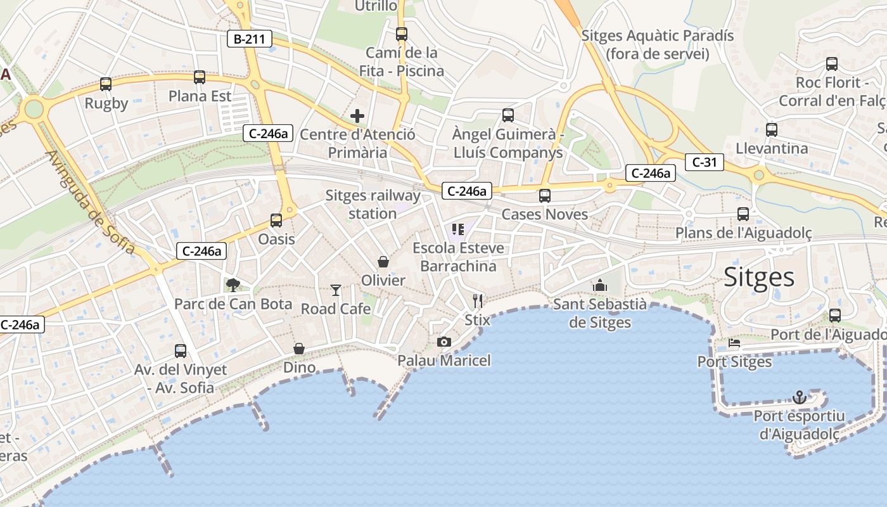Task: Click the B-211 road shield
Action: (x=250, y=39)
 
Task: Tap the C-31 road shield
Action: (x=704, y=162)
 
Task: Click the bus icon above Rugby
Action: (x=106, y=84)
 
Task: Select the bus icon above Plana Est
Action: (x=200, y=77)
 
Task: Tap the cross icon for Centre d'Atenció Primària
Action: (x=357, y=116)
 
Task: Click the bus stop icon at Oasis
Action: (x=276, y=221)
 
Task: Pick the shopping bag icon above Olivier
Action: (x=383, y=261)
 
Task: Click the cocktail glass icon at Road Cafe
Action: (x=336, y=290)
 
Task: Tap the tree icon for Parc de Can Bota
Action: (x=233, y=285)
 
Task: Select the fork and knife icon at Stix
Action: (x=478, y=300)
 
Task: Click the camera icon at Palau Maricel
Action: (x=444, y=342)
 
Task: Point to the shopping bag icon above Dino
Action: (x=299, y=349)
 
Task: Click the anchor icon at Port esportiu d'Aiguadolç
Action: (x=800, y=397)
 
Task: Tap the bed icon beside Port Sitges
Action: (x=734, y=343)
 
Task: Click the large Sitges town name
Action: (x=759, y=278)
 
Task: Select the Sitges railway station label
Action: (x=373, y=204)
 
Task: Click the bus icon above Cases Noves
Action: (x=545, y=196)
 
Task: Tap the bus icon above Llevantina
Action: (x=772, y=130)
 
